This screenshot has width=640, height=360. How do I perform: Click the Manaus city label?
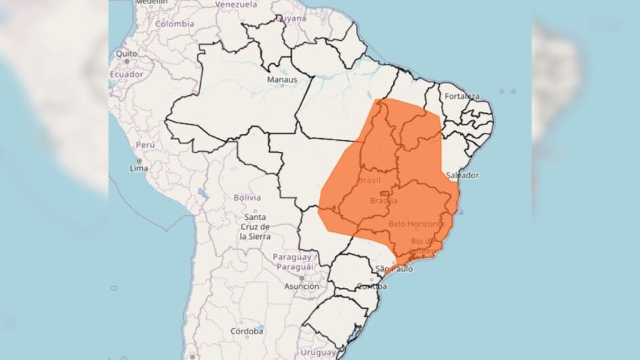point(281,80)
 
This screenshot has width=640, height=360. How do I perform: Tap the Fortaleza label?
point(462,96)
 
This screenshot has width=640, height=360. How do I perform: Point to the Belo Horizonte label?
point(416,223)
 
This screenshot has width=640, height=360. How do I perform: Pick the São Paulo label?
point(393,269)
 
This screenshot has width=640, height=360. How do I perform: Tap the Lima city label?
point(138,168)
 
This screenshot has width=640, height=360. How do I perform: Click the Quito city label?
point(126,54)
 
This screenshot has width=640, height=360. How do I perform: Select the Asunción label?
point(301,286)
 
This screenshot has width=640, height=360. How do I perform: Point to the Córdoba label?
point(246,332)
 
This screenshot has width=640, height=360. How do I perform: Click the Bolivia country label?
point(247,198)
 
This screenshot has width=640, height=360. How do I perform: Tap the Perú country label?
point(146,145)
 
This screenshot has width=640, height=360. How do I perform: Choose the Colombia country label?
point(174,24)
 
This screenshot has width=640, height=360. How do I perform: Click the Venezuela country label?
point(236,4)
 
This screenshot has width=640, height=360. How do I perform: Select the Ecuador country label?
point(126,74)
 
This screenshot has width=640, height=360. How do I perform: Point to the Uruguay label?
point(319,353)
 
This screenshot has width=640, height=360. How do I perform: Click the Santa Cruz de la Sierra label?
point(255,226)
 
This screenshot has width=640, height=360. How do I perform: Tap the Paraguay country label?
point(292,258)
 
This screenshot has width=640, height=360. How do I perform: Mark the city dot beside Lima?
point(138,161)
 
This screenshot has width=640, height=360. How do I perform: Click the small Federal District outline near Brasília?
point(384,194)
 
